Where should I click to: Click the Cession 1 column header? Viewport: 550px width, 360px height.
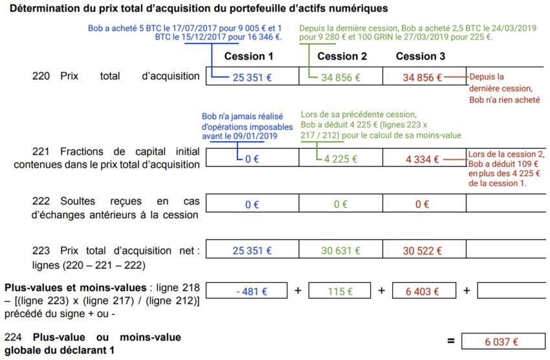(x=248, y=56)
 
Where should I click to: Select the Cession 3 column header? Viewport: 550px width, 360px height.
(x=421, y=56)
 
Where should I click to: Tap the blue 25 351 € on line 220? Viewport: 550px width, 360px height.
(x=252, y=77)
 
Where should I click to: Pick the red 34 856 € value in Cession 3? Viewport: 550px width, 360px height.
(x=422, y=77)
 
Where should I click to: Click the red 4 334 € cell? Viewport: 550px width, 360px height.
(x=423, y=159)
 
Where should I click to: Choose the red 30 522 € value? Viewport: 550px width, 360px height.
(x=423, y=251)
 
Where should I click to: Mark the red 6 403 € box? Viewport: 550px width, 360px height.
(x=424, y=291)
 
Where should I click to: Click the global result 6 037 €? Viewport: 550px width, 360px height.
(x=502, y=341)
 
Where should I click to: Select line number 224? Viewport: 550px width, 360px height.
(x=12, y=337)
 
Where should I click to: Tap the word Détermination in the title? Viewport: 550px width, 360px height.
(x=43, y=8)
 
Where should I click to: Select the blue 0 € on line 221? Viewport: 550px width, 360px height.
(x=252, y=159)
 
